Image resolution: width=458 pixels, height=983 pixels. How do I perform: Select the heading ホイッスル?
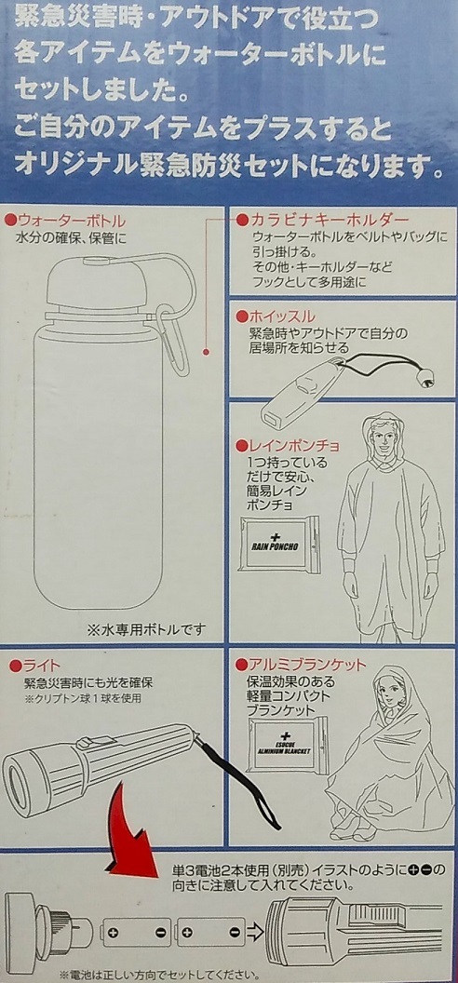pyautogui.click(x=281, y=315)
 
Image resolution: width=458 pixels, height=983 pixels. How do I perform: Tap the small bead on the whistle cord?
pyautogui.click(x=427, y=377)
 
